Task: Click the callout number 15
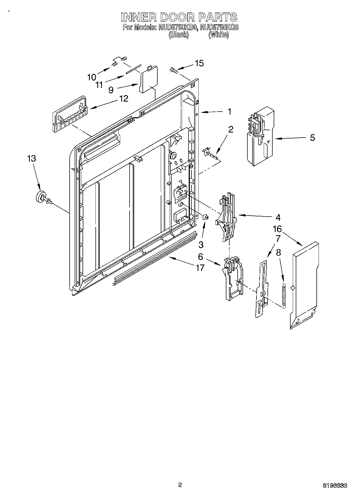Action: [199, 63]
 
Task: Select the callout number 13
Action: [31, 158]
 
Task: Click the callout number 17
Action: [200, 267]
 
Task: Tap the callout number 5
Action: [312, 138]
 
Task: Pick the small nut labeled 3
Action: [205, 217]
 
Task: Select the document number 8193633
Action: [335, 485]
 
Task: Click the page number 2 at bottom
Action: [180, 485]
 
